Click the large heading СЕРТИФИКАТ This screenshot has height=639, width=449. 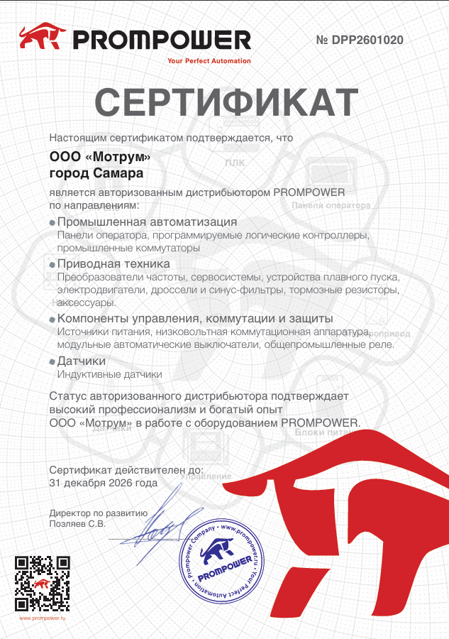[x=226, y=104]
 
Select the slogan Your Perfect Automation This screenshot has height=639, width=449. [x=209, y=61]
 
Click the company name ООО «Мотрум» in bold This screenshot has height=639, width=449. [x=100, y=157]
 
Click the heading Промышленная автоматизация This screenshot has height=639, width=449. [x=147, y=222]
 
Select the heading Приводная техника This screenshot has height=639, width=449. [x=113, y=263]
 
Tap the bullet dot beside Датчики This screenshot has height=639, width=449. [x=52, y=362]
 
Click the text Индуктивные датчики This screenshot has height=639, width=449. [x=109, y=374]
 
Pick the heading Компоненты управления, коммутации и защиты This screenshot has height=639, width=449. [x=195, y=319]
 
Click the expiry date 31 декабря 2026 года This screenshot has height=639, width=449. [x=104, y=482]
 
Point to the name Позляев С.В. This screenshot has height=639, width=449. [x=77, y=524]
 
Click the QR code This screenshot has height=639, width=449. [x=42, y=584]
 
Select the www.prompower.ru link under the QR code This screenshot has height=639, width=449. [x=42, y=618]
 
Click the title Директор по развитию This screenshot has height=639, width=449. [x=99, y=513]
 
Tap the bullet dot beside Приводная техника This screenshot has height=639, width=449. [x=52, y=264]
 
